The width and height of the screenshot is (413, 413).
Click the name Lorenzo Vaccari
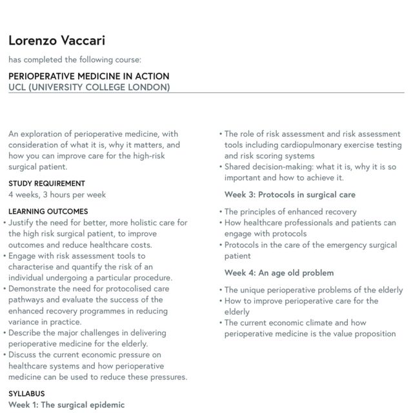pyautogui.click(x=57, y=41)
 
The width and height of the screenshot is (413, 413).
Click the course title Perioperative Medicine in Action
pyautogui.click(x=88, y=76)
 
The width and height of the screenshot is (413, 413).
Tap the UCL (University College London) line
pyautogui.click(x=89, y=87)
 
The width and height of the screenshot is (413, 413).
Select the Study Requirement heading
pyautogui.click(x=46, y=183)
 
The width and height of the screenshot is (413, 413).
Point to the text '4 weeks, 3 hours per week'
pyautogui.click(x=57, y=194)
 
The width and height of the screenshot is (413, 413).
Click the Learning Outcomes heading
pyautogui.click(x=48, y=211)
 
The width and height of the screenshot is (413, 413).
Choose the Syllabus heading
pyautogui.click(x=26, y=393)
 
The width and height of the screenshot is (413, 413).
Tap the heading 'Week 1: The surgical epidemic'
pyautogui.click(x=66, y=405)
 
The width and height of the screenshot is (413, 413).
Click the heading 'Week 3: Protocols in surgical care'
pyautogui.click(x=290, y=194)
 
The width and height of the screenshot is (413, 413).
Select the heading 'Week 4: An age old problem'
pyautogui.click(x=279, y=273)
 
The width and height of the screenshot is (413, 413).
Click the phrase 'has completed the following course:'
pyautogui.click(x=75, y=60)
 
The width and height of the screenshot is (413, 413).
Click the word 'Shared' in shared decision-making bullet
pyautogui.click(x=239, y=166)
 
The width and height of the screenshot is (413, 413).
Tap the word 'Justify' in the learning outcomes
pyautogui.click(x=23, y=223)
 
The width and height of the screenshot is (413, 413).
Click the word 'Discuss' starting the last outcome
pyautogui.click(x=24, y=355)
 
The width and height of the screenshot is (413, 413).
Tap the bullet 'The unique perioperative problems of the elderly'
pyautogui.click(x=314, y=290)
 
